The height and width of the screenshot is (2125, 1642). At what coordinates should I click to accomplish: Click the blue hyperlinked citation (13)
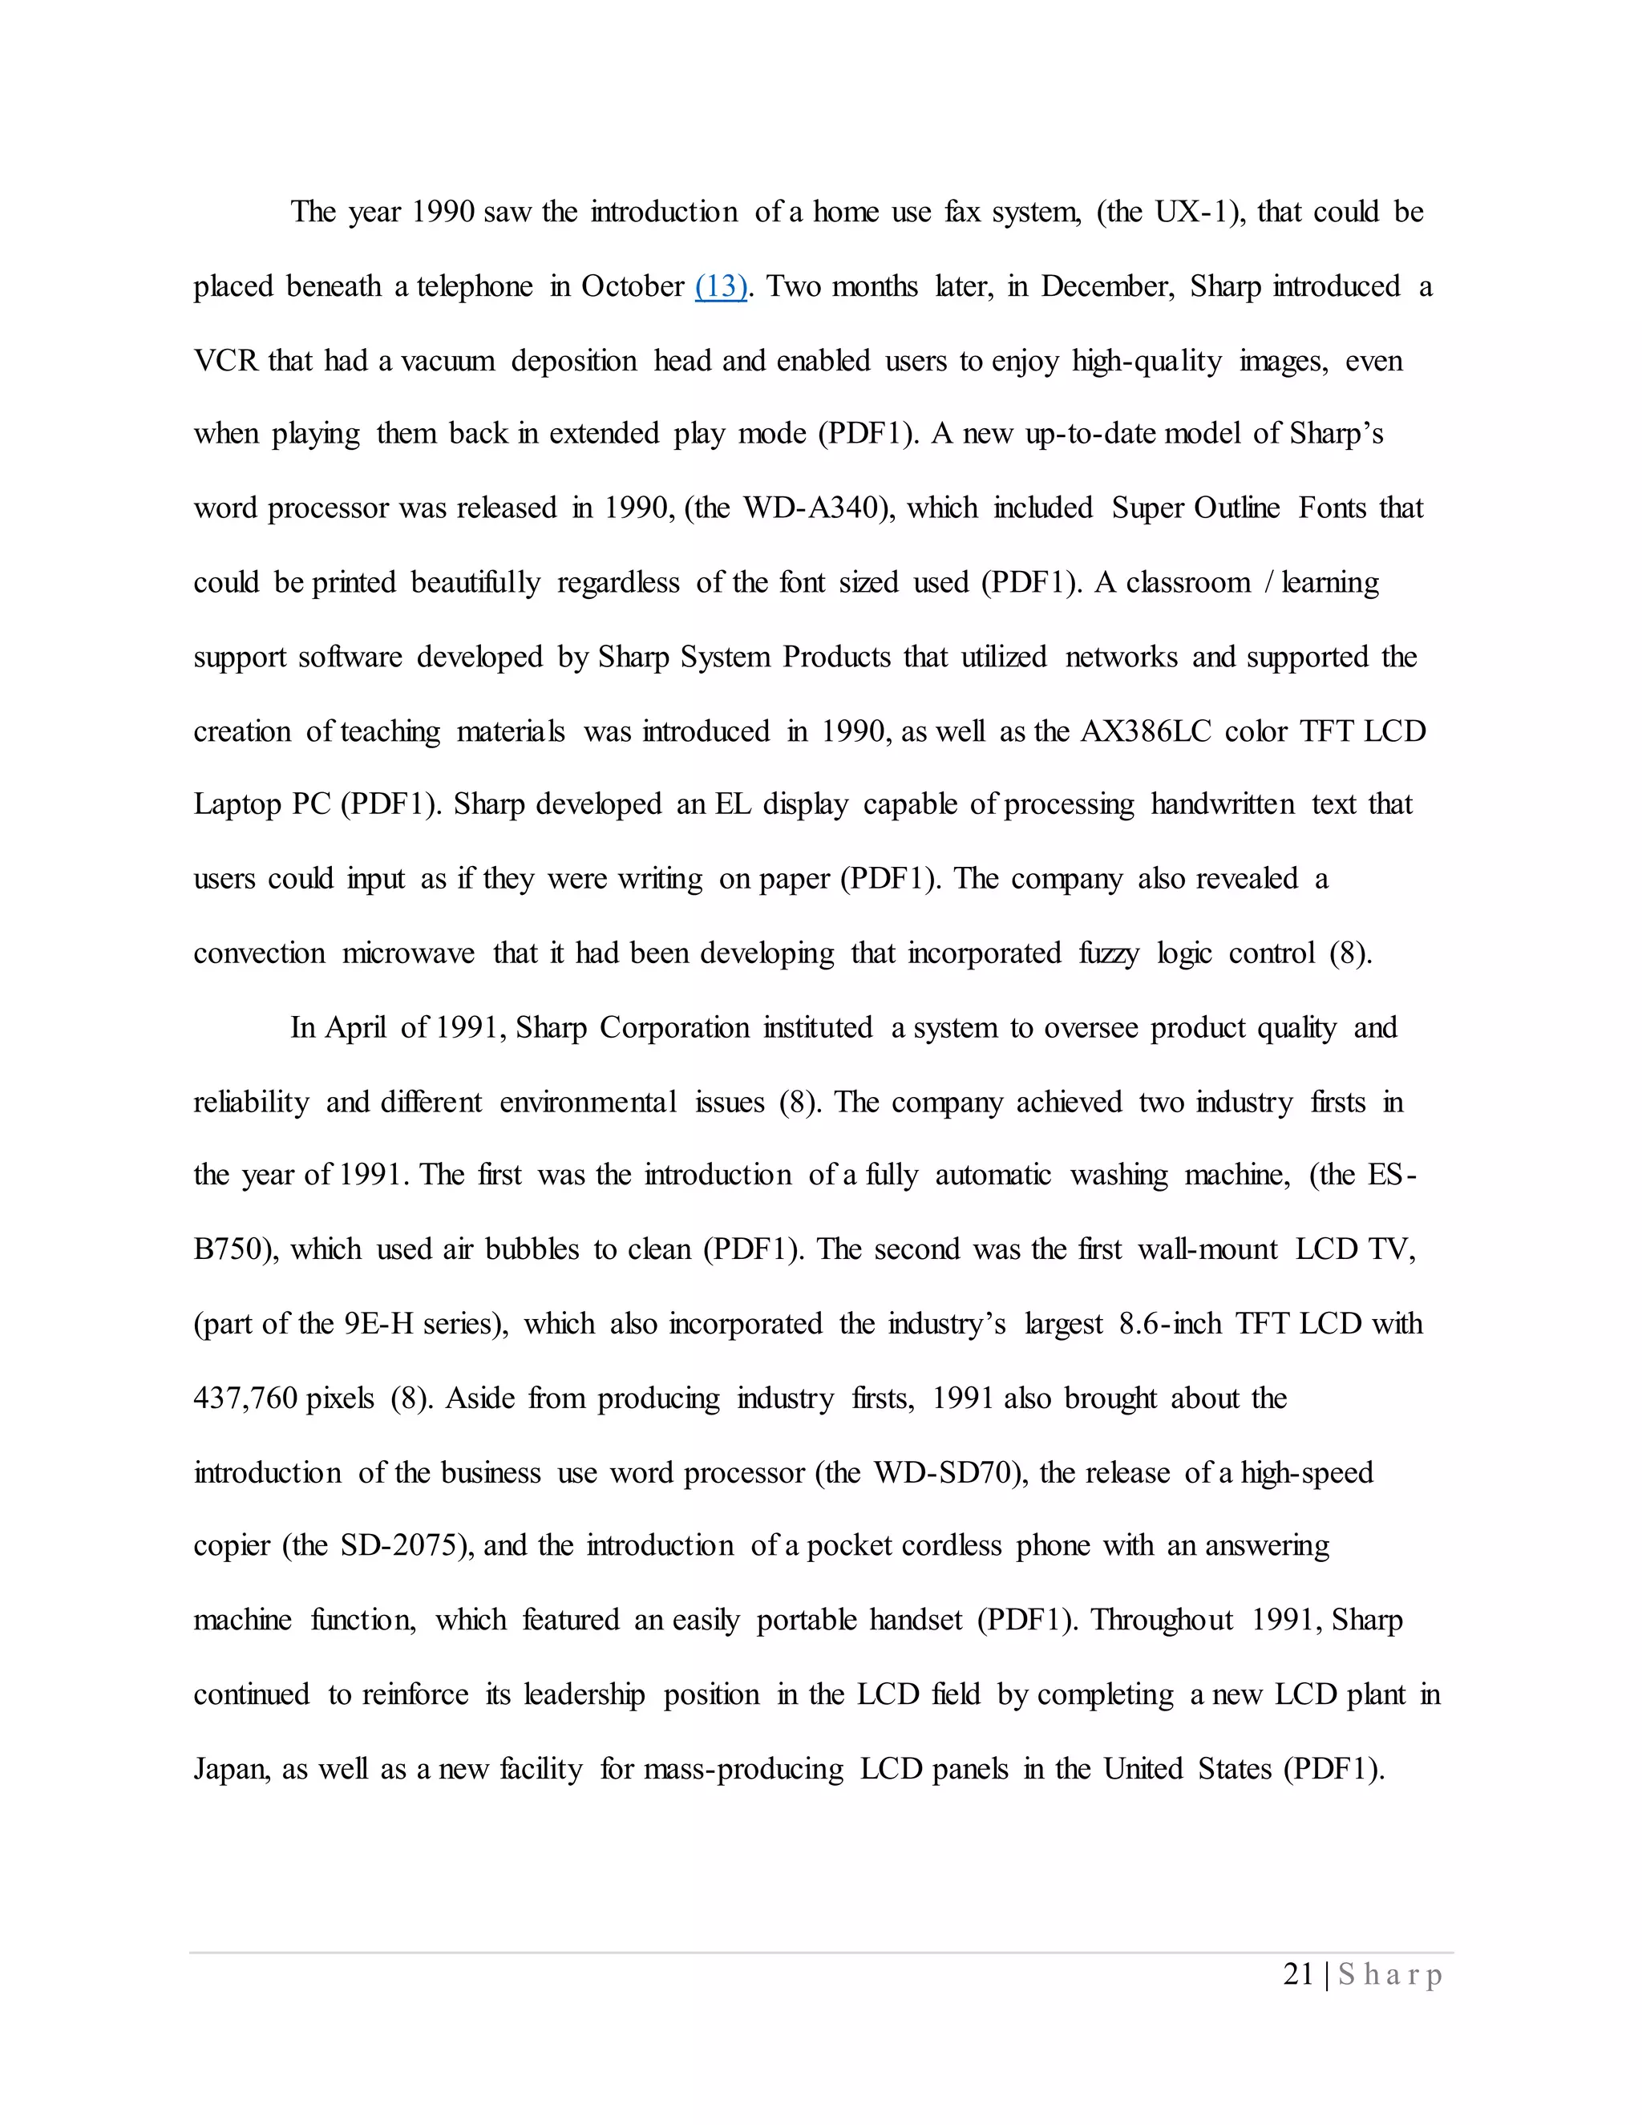(x=721, y=287)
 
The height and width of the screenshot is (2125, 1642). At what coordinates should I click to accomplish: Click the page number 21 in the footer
(x=1299, y=1974)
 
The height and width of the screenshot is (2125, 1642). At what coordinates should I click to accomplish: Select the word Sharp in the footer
(x=1390, y=1975)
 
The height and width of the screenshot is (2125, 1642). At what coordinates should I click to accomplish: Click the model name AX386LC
(x=1146, y=731)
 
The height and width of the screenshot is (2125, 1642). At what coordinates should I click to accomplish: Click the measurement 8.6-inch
(x=1171, y=1324)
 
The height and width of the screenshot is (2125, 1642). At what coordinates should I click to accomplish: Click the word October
(x=633, y=287)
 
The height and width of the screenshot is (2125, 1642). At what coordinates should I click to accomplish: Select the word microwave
(x=409, y=953)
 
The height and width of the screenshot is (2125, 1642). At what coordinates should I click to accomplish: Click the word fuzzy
(x=1109, y=953)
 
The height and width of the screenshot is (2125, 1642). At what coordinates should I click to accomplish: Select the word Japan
(x=229, y=1769)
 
